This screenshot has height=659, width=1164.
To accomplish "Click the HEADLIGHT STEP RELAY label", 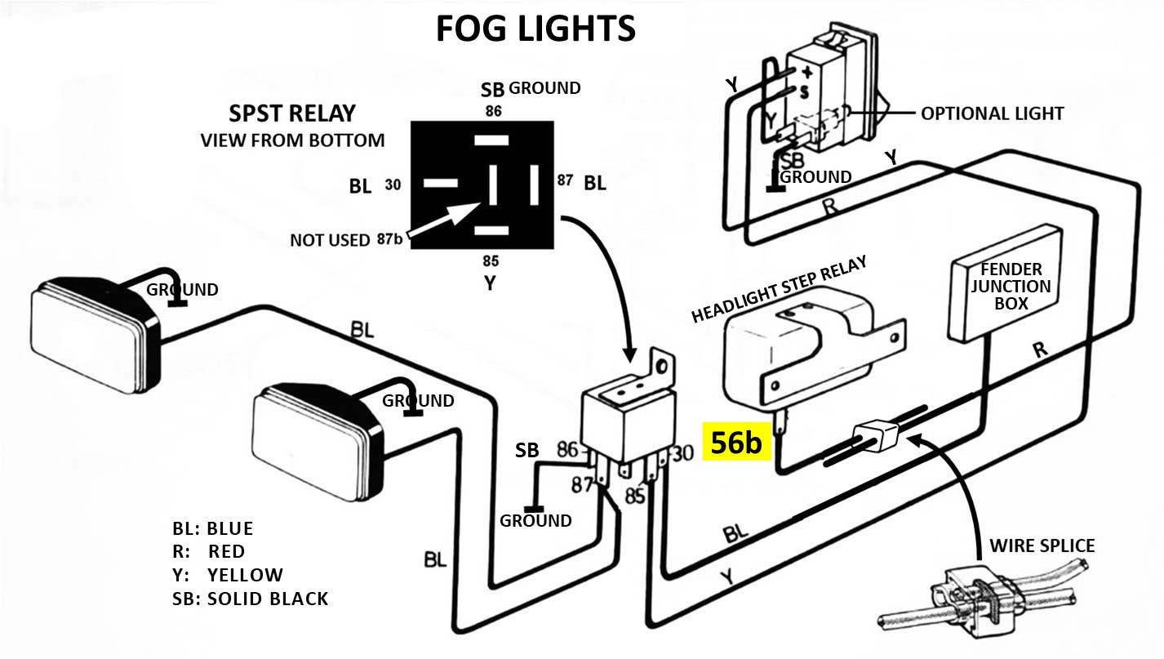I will [778, 290].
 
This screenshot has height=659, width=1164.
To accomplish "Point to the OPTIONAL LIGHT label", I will [992, 114].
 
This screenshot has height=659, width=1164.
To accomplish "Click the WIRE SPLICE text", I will [1042, 545].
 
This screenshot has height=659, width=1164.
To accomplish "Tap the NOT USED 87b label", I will [342, 240].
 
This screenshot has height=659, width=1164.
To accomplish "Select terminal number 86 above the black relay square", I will [493, 111].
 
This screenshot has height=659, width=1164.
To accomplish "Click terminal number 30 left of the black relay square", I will [393, 185].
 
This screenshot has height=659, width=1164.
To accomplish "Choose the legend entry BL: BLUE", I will [213, 528].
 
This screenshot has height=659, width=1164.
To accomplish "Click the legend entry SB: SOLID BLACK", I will [250, 599].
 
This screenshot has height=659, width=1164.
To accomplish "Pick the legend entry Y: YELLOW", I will [228, 575].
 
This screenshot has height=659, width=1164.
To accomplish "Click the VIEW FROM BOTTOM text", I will [292, 140].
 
